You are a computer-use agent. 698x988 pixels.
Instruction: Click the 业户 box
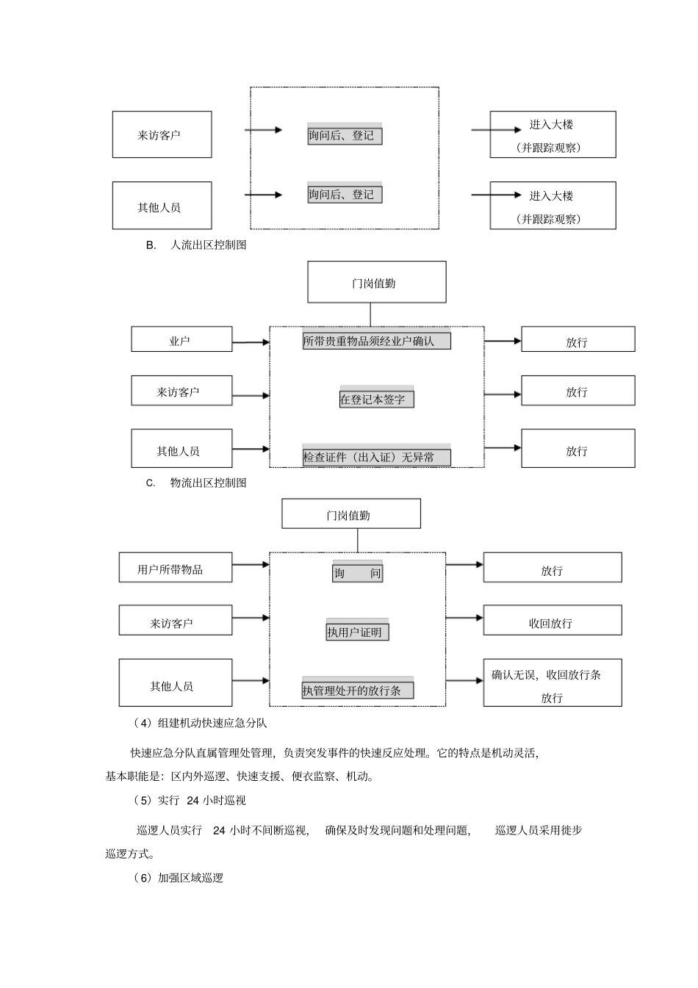tap(181, 340)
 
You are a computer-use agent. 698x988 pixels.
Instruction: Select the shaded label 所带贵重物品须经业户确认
tap(376, 341)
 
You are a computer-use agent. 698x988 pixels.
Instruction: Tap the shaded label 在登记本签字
tap(376, 399)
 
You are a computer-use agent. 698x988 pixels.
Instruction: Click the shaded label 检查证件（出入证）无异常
tap(376, 457)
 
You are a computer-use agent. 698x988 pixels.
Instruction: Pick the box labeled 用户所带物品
tap(175, 569)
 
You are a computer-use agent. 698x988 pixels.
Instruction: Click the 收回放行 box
tap(552, 621)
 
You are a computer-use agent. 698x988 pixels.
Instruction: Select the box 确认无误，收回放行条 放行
tap(552, 684)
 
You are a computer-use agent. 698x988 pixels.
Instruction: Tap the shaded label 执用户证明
tap(357, 632)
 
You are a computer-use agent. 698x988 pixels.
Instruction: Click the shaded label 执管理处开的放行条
tap(357, 690)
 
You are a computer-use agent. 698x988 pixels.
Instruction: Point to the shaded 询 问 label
tap(357, 573)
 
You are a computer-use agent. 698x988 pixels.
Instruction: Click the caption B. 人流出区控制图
tap(196, 245)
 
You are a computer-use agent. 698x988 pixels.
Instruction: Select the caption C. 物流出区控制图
tap(196, 483)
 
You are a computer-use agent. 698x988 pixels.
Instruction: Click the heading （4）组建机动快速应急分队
tap(200, 724)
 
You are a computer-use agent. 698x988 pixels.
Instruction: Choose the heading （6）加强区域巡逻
tap(179, 878)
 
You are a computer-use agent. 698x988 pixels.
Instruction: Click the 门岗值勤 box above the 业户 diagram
tap(376, 282)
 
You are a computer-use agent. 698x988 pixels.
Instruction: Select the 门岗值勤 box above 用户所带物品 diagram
tap(350, 514)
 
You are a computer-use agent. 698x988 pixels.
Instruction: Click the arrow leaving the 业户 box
tap(251, 342)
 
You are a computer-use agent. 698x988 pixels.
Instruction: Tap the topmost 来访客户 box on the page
tap(162, 134)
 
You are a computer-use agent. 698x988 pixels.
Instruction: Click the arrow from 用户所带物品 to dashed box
tap(251, 565)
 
